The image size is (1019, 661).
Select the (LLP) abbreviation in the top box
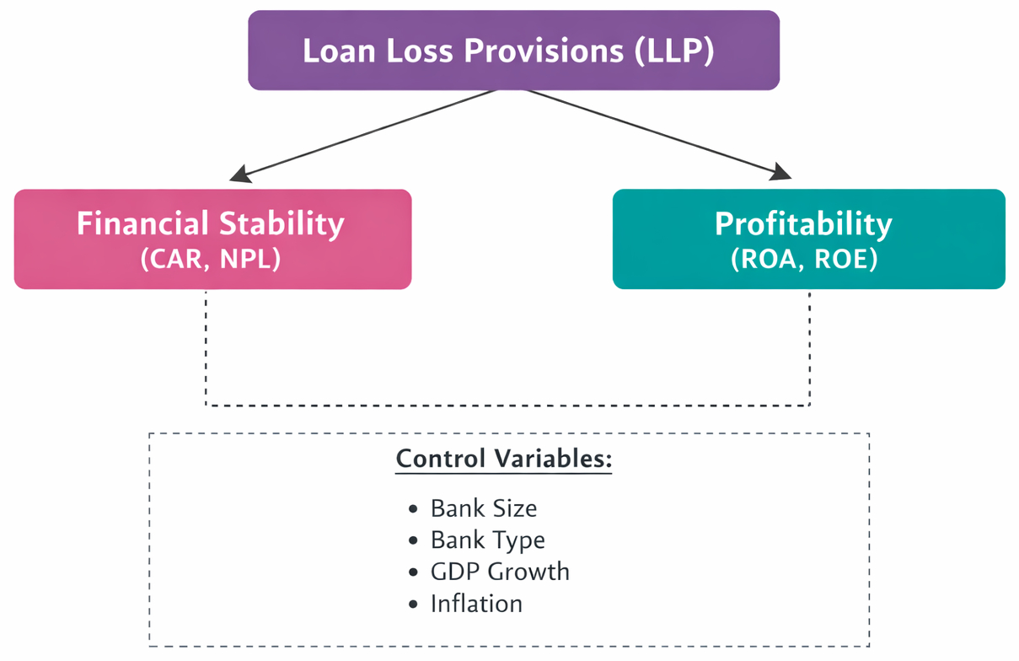tap(674, 51)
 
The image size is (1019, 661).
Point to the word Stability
tap(282, 223)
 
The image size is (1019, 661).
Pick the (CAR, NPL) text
tap(211, 259)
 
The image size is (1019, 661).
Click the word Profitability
tap(802, 223)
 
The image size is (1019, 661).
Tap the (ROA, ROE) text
tap(804, 259)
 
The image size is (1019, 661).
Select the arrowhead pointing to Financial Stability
tap(240, 175)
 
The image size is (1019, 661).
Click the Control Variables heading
tap(503, 459)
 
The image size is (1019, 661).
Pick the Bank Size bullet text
tap(483, 508)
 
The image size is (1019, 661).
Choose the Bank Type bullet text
tap(487, 540)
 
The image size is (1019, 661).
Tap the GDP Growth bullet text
tap(500, 572)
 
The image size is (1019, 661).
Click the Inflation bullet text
tap(476, 604)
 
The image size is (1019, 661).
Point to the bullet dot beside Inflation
tap(413, 605)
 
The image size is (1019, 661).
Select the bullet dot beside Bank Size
tap(413, 509)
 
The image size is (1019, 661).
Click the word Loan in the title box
tap(335, 51)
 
